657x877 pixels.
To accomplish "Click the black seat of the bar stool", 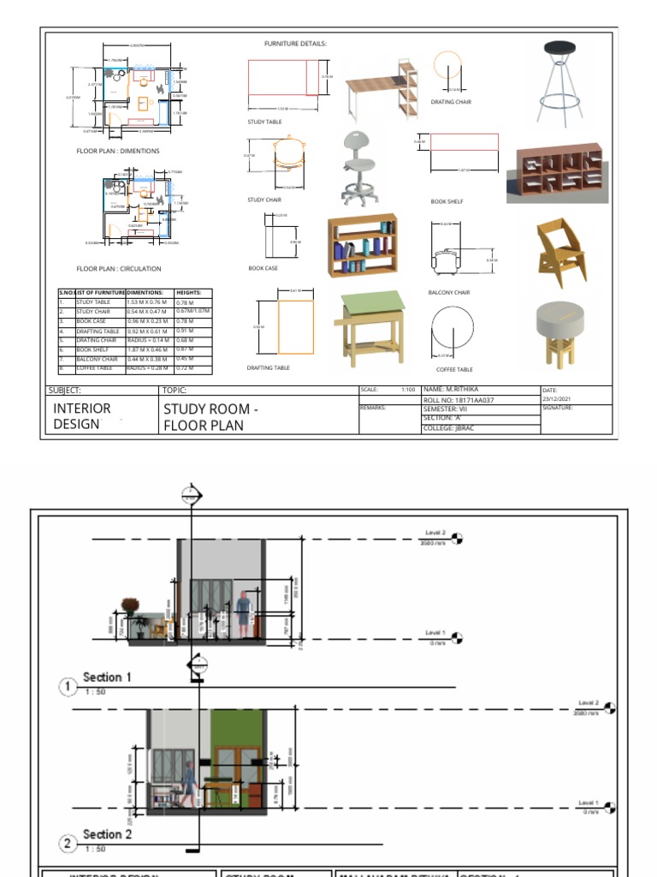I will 561,48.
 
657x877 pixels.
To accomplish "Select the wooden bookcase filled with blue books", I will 363,246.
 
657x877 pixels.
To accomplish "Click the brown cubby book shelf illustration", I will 557,172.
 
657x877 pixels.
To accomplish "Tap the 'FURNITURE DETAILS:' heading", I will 295,43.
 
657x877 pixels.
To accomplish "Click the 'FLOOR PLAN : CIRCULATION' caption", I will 119,269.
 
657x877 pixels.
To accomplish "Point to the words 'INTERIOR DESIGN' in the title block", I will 82,416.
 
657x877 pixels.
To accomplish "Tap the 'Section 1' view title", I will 107,677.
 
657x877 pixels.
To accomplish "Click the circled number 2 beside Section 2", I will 69,844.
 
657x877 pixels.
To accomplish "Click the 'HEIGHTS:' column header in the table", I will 189,293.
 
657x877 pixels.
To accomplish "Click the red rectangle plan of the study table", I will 282,77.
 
